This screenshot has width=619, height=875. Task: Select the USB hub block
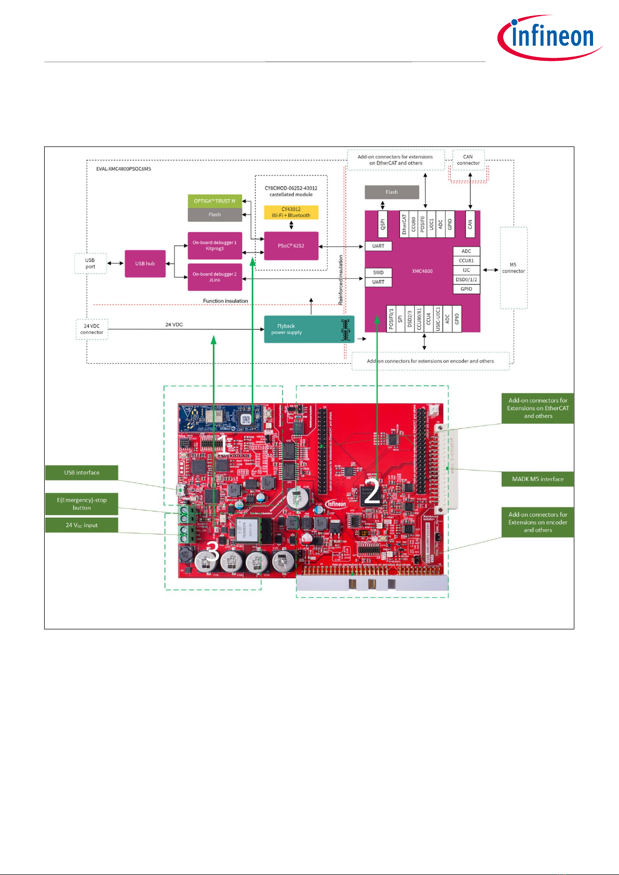[145, 264]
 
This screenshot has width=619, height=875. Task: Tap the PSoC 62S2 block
[291, 246]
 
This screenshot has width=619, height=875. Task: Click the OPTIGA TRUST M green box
[214, 201]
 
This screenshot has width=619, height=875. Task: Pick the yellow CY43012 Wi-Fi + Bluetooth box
[291, 212]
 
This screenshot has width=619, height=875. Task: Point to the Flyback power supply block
[309, 329]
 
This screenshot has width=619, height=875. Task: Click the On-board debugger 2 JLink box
[214, 277]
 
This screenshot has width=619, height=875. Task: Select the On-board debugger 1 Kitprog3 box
[214, 246]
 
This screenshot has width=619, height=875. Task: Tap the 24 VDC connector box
[92, 329]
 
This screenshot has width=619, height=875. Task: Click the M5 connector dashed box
[514, 268]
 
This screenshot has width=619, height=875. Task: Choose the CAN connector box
[468, 160]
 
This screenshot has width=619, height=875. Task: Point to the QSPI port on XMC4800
[383, 224]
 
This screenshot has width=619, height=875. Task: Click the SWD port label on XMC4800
[378, 272]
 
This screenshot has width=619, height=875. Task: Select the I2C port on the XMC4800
[466, 270]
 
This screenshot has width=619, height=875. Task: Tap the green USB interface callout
[82, 473]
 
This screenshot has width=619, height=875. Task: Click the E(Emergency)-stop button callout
[82, 504]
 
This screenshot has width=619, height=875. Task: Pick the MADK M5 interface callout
[537, 479]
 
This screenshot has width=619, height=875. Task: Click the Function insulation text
[225, 301]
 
